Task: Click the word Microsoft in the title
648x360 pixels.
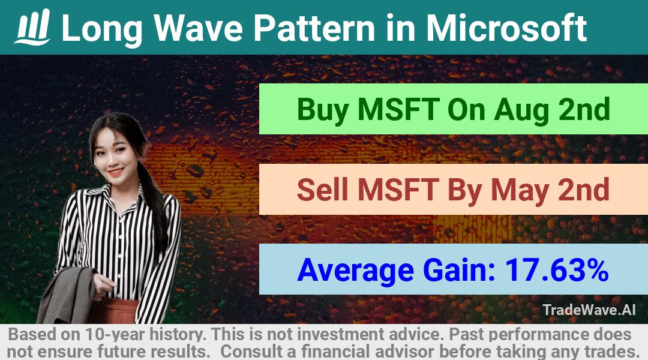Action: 506,28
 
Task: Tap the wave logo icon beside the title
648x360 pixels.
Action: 32,27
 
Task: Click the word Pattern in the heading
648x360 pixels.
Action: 314,28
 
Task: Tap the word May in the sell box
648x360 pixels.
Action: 520,191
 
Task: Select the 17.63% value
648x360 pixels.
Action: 557,269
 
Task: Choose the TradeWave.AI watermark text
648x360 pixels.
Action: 589,310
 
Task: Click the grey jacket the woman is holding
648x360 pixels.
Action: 68,296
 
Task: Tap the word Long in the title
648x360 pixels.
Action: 102,29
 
